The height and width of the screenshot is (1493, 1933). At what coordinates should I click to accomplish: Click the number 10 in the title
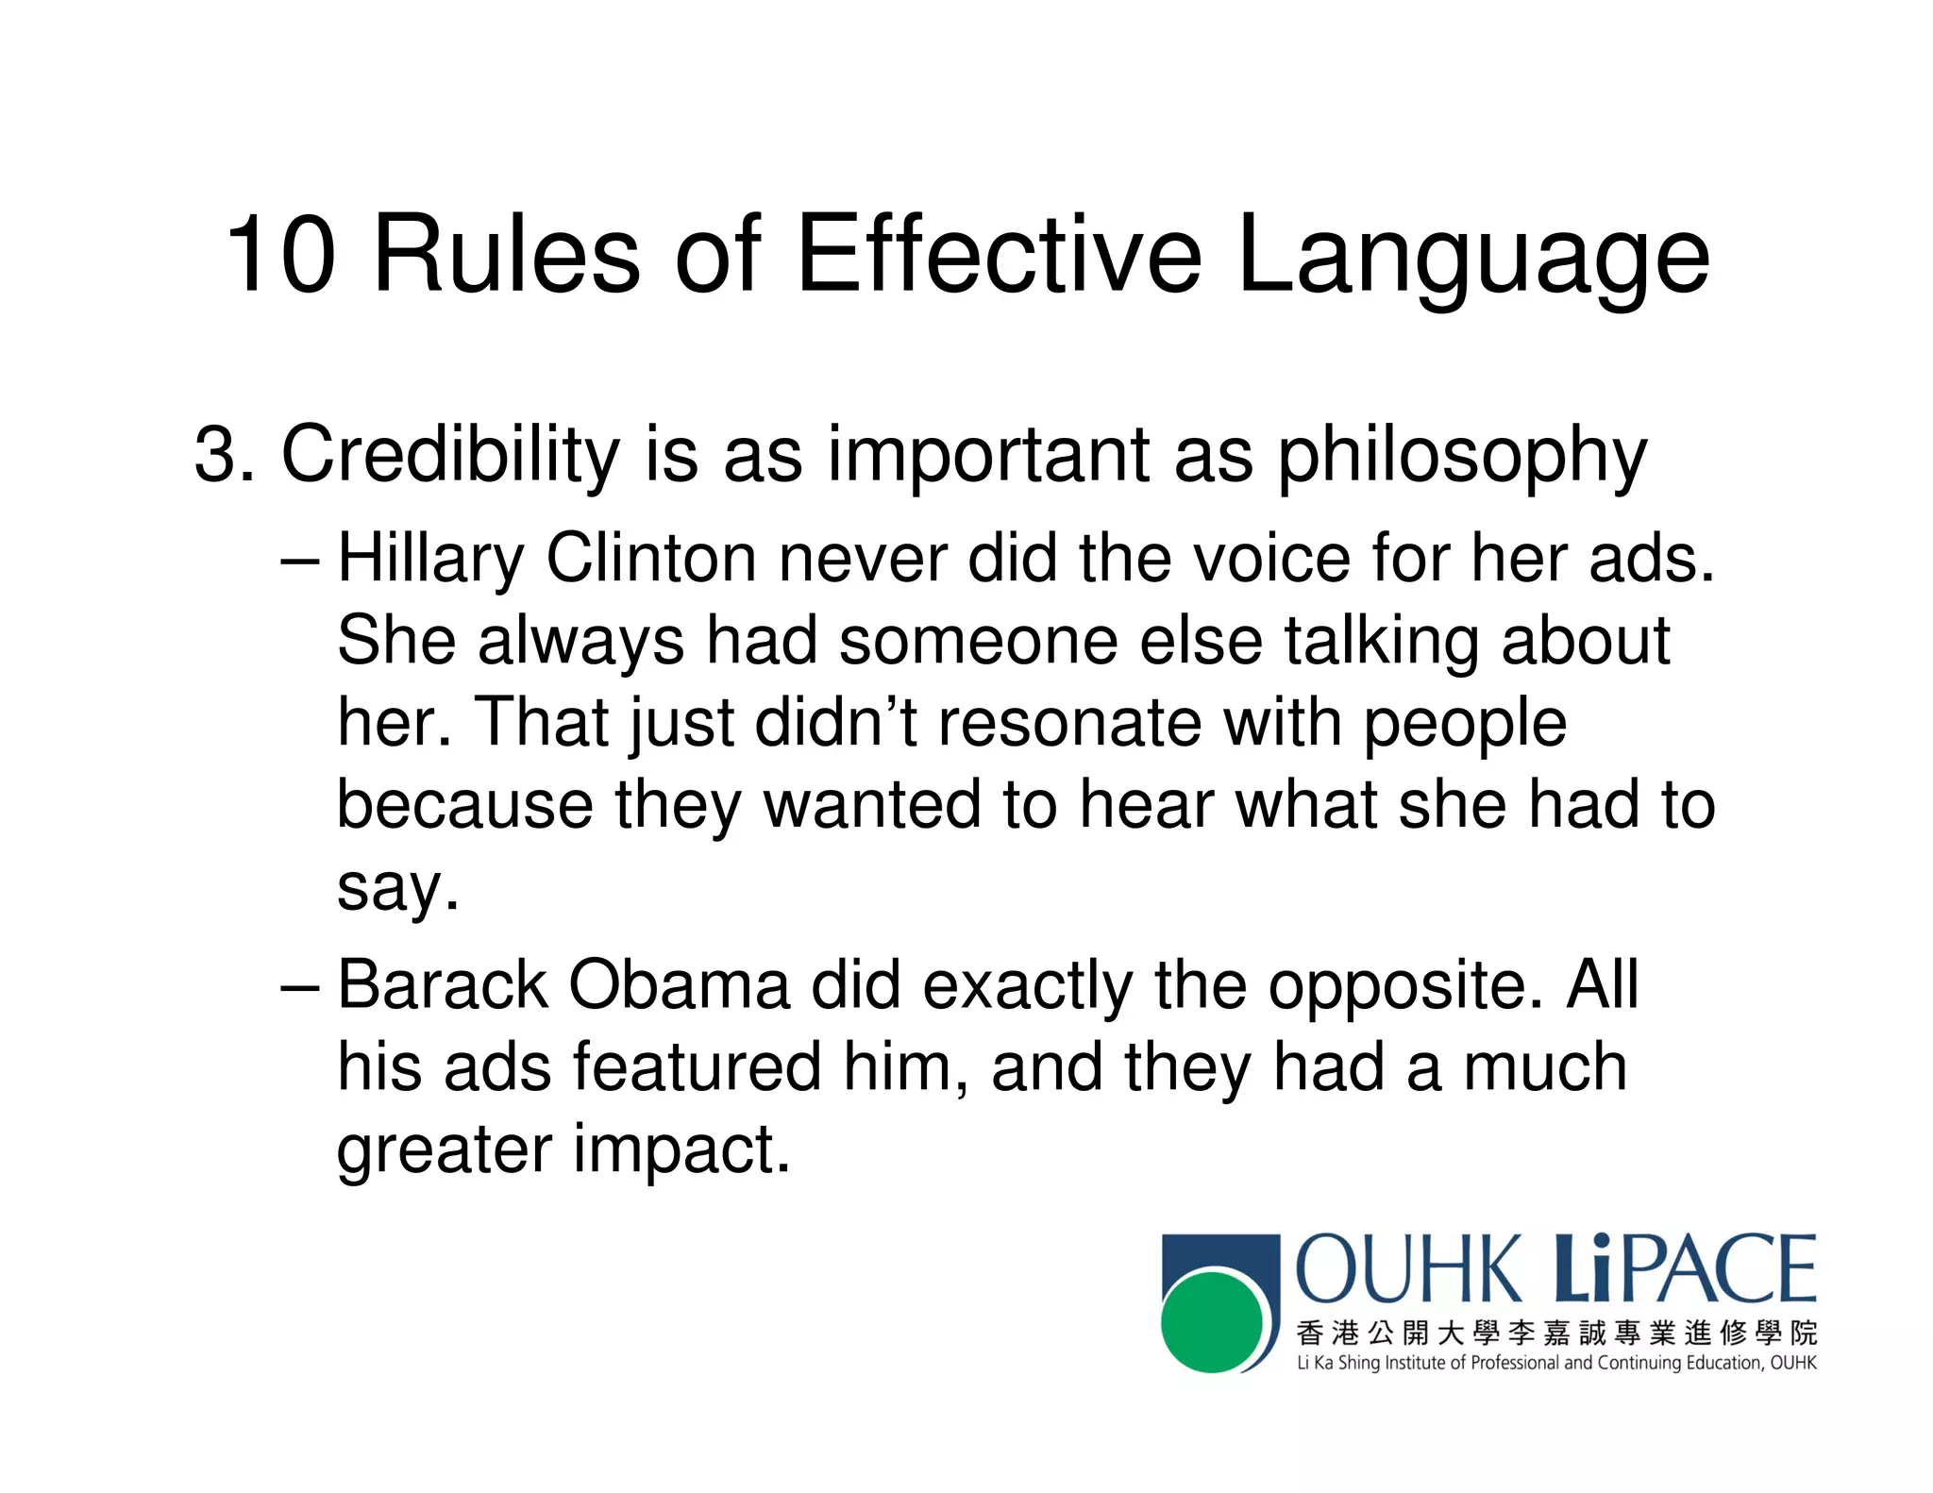tap(280, 255)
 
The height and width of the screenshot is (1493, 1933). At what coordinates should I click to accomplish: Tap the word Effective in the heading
tap(999, 255)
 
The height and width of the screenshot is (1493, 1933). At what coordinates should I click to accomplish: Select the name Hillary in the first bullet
tap(430, 560)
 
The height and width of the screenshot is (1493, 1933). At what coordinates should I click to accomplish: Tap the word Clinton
tap(651, 558)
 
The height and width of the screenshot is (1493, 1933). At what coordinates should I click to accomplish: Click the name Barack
tap(443, 985)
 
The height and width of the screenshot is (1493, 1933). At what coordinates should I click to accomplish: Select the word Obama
tap(679, 985)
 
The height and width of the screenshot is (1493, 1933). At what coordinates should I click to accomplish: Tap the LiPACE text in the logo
tap(1684, 1268)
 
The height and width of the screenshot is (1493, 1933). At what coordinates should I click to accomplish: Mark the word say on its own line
tap(396, 890)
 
